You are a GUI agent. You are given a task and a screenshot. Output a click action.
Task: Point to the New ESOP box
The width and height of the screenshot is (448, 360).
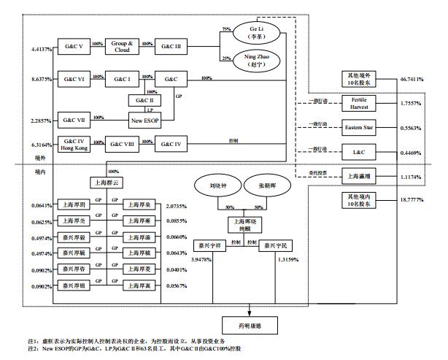(144, 119)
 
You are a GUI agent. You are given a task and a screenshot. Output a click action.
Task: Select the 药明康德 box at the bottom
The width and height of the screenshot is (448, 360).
(249, 322)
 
